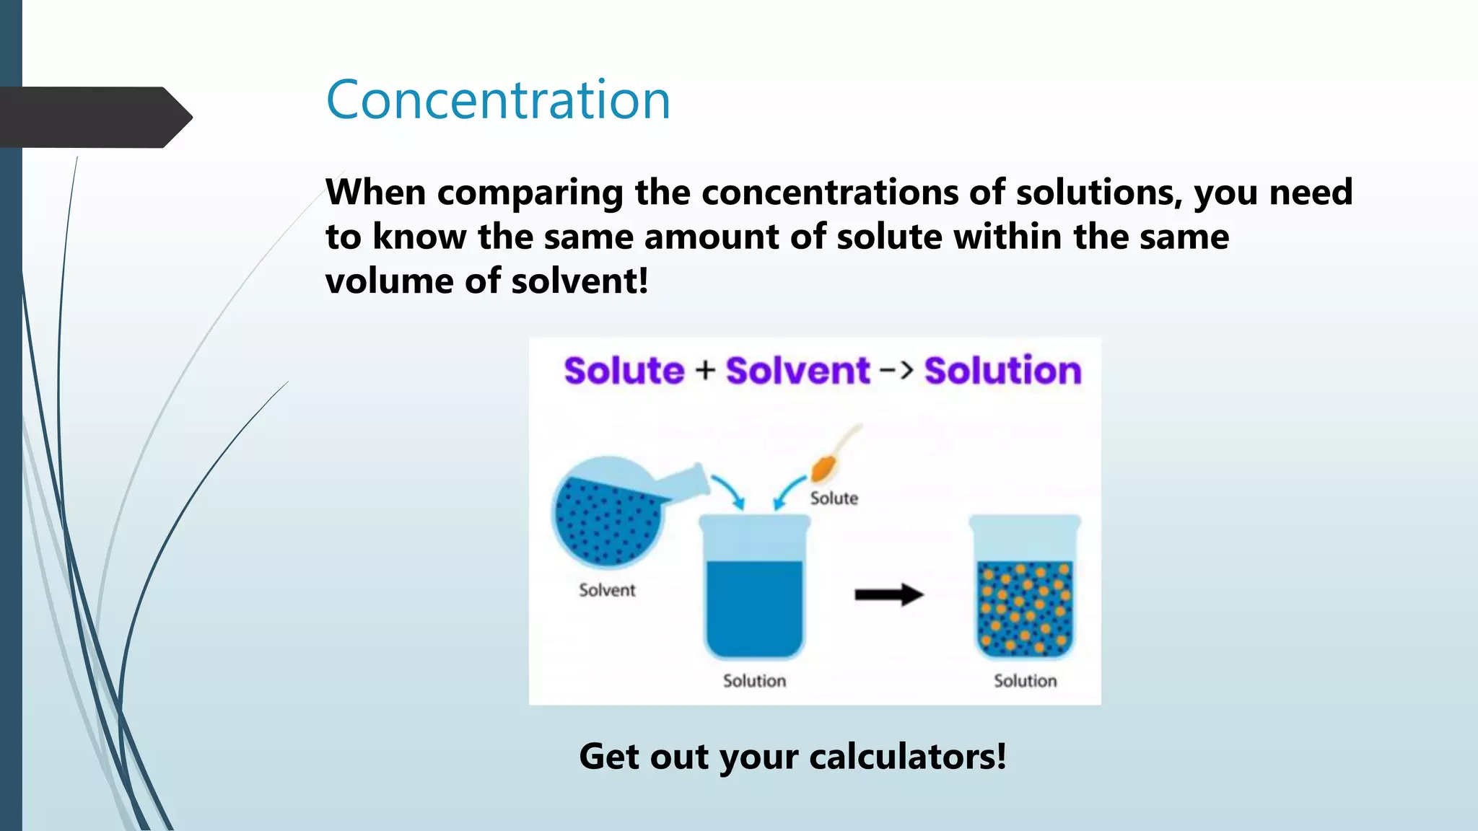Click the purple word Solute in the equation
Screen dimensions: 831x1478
pyautogui.click(x=624, y=371)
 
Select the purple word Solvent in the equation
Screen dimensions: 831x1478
pyautogui.click(x=797, y=371)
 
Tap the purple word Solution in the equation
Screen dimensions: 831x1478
pyautogui.click(x=1002, y=371)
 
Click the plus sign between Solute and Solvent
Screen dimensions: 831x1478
pyautogui.click(x=705, y=370)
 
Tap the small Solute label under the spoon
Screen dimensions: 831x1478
pyautogui.click(x=834, y=498)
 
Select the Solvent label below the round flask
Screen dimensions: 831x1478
pyautogui.click(x=607, y=590)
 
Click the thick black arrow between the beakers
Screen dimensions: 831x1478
pyautogui.click(x=888, y=595)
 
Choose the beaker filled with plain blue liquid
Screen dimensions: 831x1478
pyautogui.click(x=754, y=588)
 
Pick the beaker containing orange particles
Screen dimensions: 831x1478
pyautogui.click(x=1024, y=588)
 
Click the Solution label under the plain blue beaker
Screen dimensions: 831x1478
pyautogui.click(x=754, y=681)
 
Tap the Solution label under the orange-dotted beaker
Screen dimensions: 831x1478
pyautogui.click(x=1025, y=681)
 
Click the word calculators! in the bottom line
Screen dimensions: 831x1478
pyautogui.click(x=907, y=757)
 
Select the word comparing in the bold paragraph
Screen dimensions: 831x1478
pyautogui.click(x=530, y=193)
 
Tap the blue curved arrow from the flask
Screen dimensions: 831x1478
pyautogui.click(x=730, y=491)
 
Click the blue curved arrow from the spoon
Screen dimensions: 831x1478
pyautogui.click(x=788, y=491)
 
